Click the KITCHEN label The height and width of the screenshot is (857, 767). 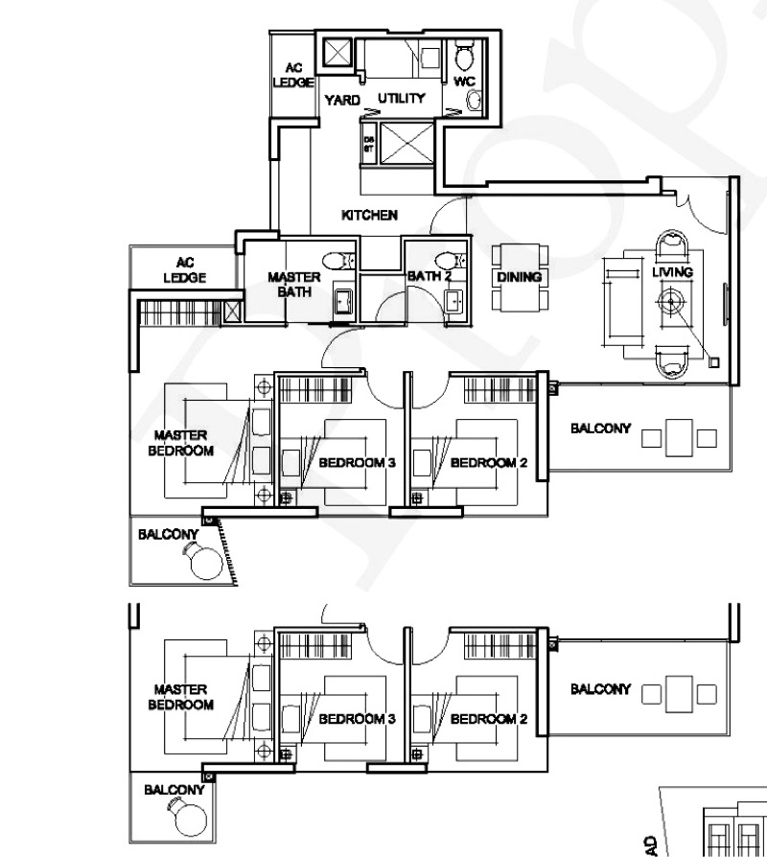pyautogui.click(x=369, y=216)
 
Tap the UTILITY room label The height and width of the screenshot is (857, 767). pyautogui.click(x=401, y=99)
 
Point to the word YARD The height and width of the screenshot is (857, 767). pyautogui.click(x=342, y=100)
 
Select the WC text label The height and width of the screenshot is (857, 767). pyautogui.click(x=464, y=81)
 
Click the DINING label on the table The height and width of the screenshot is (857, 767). pyautogui.click(x=519, y=277)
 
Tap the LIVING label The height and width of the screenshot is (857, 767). pyautogui.click(x=672, y=273)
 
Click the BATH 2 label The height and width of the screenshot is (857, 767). pyautogui.click(x=429, y=277)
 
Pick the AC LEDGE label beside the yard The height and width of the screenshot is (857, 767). pyautogui.click(x=292, y=77)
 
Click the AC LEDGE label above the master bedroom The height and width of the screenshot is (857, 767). pyautogui.click(x=185, y=269)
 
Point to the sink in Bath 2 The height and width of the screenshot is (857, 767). pyautogui.click(x=453, y=300)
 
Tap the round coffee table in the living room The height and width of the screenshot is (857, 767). pyautogui.click(x=672, y=302)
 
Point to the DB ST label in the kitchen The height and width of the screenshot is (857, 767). pyautogui.click(x=369, y=145)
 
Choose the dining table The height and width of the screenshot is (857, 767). pyautogui.click(x=519, y=278)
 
